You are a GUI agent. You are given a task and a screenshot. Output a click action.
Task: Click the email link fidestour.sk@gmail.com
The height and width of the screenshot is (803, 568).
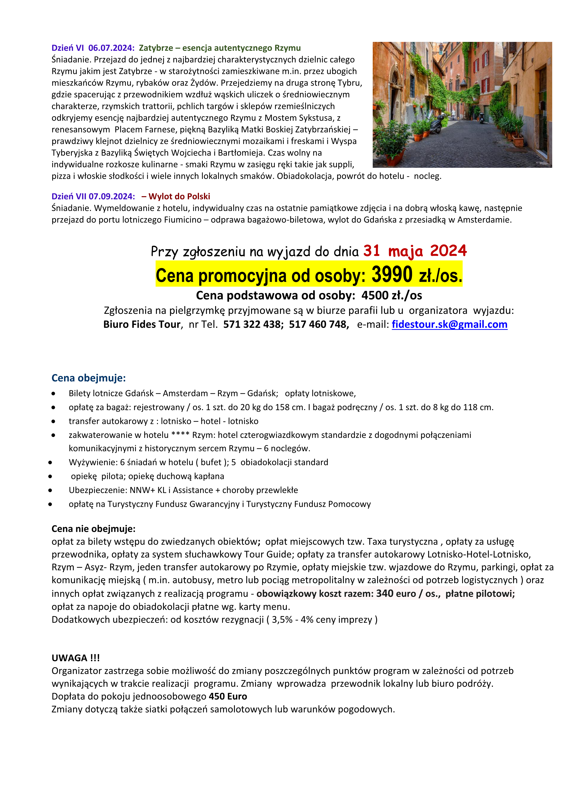click(x=449, y=325)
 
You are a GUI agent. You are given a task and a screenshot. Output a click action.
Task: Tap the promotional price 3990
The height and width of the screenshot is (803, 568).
click(x=392, y=275)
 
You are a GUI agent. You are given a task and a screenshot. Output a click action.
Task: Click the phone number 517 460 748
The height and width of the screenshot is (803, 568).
click(x=318, y=325)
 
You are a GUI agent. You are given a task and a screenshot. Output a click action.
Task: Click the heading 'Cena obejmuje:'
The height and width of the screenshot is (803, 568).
click(x=89, y=378)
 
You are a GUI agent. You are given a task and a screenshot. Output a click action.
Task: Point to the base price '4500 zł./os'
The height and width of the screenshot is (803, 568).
click(x=391, y=296)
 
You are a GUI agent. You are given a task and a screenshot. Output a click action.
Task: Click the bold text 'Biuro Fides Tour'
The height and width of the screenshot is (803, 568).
click(x=142, y=325)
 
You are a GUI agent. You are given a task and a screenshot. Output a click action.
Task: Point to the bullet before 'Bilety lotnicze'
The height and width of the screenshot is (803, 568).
click(x=53, y=394)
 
